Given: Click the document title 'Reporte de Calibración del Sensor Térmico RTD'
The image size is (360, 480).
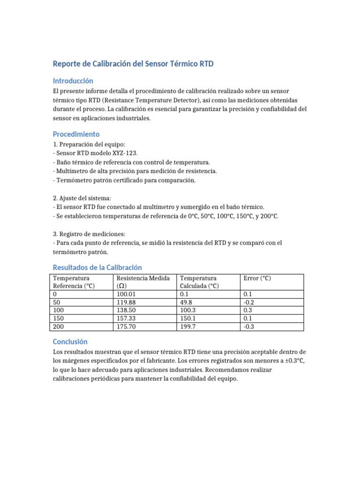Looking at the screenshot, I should click(x=133, y=64).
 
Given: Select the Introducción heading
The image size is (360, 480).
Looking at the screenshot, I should click(x=73, y=81).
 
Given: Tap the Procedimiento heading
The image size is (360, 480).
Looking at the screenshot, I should click(x=76, y=134).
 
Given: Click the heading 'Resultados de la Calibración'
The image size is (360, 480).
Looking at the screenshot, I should click(x=97, y=268).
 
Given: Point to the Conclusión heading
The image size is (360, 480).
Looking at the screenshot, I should click(x=70, y=342).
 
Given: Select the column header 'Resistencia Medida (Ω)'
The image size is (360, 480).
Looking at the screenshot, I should click(x=142, y=282).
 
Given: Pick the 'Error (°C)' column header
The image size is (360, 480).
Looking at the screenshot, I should click(x=257, y=278).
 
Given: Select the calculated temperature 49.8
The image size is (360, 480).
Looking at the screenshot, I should click(x=187, y=302).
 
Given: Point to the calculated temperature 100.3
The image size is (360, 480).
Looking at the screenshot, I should click(x=188, y=310).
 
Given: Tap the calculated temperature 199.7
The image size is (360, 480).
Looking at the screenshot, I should click(x=188, y=327).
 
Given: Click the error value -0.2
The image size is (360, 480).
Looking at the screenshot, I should click(x=249, y=302).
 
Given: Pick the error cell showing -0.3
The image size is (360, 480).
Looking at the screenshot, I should click(x=249, y=327).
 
